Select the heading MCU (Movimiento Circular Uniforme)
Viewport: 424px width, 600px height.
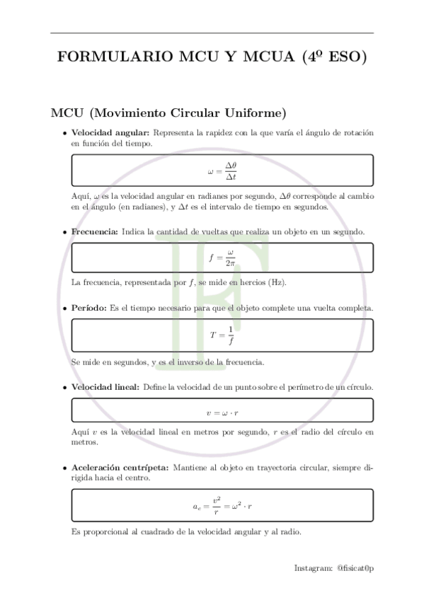pos(168,113)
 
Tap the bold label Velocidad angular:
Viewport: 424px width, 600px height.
pos(110,133)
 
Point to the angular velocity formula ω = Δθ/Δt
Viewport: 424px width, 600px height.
pos(222,170)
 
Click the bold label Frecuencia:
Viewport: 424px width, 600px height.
pos(95,231)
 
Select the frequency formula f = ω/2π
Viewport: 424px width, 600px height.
pos(222,258)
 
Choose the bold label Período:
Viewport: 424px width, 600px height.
pos(89,308)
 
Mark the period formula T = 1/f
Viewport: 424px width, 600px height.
pos(222,335)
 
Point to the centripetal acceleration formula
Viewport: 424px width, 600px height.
pos(222,506)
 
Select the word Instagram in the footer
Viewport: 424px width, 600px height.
pos(312,567)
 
